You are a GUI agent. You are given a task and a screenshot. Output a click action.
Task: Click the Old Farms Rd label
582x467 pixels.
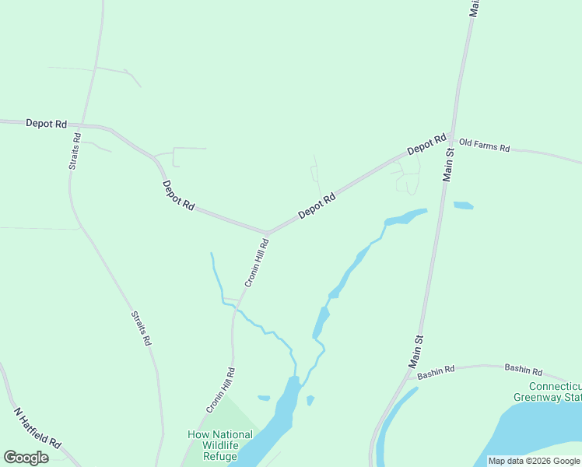tap(484, 146)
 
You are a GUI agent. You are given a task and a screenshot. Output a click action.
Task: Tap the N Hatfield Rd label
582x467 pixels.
tap(37, 427)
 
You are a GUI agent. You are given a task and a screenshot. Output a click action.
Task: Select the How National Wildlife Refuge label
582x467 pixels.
tap(220, 445)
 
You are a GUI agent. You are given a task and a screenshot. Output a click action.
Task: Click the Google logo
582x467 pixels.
tap(26, 458)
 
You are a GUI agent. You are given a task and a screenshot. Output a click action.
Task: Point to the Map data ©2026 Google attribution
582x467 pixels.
tap(534, 461)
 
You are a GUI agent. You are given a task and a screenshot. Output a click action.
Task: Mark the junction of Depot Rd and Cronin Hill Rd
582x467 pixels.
tap(267, 232)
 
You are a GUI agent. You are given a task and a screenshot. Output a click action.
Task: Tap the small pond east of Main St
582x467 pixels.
tap(463, 205)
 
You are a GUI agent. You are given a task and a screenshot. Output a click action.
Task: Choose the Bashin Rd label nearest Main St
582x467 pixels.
tap(435, 373)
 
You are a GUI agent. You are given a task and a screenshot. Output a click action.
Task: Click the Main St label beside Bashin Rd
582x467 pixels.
tap(416, 352)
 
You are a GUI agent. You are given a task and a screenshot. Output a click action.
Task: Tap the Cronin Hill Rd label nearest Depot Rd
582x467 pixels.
tap(257, 262)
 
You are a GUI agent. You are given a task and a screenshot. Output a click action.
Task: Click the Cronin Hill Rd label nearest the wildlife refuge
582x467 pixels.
tap(220, 390)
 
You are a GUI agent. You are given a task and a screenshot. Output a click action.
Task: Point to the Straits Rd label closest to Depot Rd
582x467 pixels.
tap(74, 151)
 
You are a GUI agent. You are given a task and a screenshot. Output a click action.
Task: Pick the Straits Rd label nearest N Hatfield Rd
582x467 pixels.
tap(141, 328)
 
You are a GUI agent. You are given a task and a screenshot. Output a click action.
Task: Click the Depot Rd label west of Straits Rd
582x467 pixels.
tap(46, 123)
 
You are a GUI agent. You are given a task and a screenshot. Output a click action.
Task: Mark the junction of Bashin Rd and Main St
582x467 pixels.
tap(410, 372)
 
